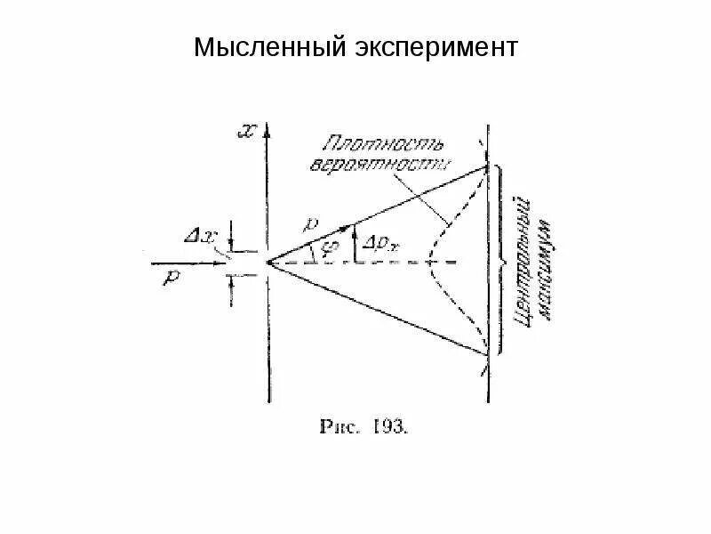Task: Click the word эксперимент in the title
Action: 429,46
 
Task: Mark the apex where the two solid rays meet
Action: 268,263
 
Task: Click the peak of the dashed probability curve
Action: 428,262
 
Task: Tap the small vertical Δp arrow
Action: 355,246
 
